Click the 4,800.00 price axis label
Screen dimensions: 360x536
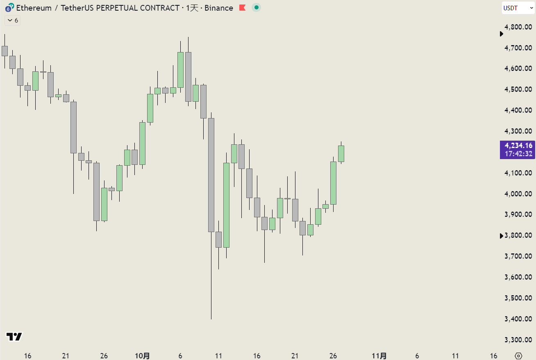coord(518,27)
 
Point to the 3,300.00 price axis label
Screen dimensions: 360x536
coord(518,339)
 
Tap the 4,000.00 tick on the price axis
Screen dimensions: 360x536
coord(518,194)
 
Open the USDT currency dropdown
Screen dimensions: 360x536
coord(518,8)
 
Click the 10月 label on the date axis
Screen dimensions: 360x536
coord(142,356)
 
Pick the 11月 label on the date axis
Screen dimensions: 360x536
coord(379,356)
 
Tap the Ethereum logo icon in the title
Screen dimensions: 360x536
coord(9,8)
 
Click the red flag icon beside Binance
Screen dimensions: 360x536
coord(243,8)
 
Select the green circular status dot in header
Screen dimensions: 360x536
coord(256,7)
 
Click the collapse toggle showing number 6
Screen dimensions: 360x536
coord(12,20)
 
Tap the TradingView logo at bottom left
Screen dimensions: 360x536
coord(14,337)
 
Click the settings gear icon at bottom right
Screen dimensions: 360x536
coord(518,356)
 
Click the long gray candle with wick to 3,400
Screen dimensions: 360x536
coord(211,175)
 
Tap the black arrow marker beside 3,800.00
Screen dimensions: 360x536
coord(501,236)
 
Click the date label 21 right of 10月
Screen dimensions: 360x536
coord(295,356)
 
